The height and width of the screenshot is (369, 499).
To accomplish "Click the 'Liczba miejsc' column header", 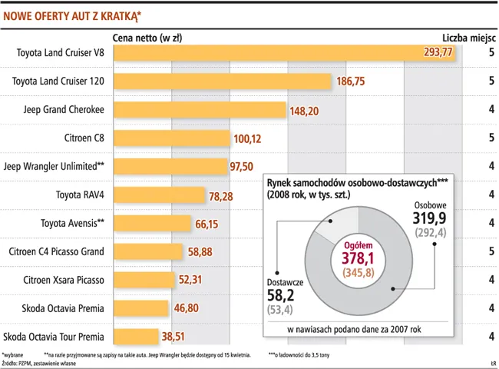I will (468, 36).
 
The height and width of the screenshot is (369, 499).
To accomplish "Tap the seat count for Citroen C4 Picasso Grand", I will (491, 251).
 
